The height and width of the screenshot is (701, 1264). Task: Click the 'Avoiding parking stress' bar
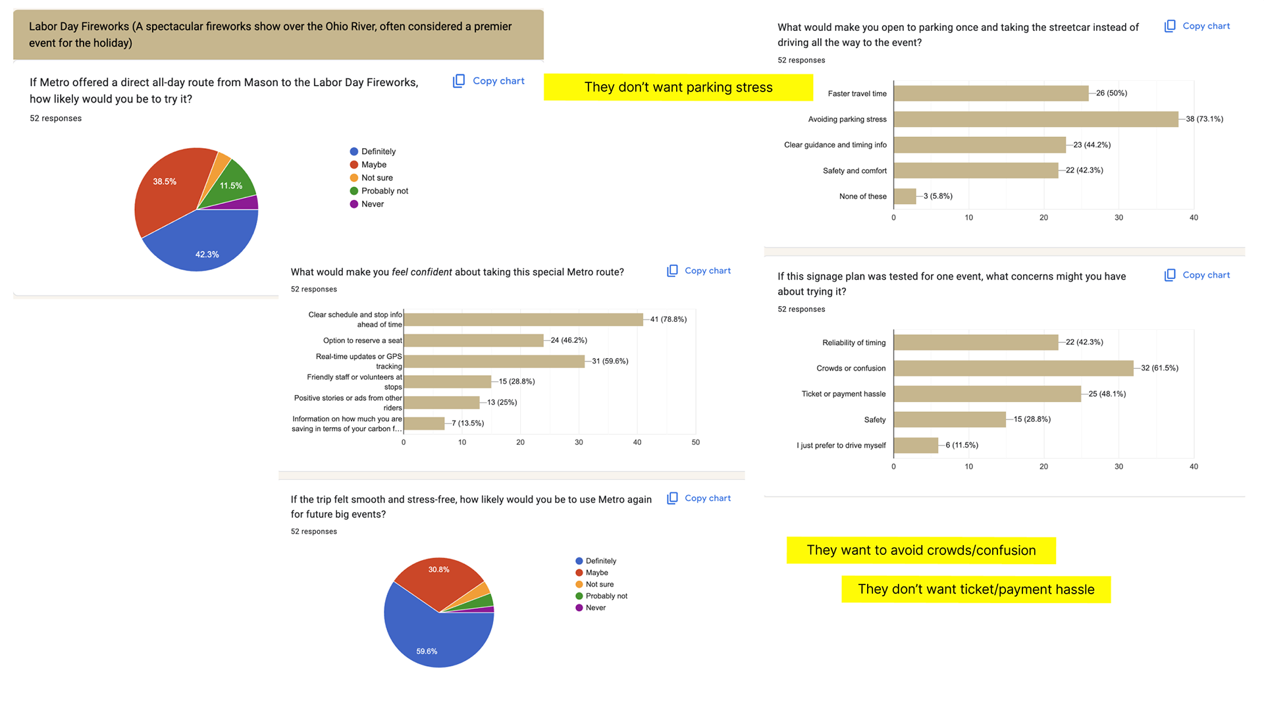coord(1036,119)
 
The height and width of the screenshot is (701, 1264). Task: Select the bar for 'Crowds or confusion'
coord(1013,368)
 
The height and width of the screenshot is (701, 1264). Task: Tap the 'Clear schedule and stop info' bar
coord(523,319)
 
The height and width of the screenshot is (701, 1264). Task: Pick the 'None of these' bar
coord(905,196)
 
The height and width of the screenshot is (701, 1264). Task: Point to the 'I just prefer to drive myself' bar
coord(916,446)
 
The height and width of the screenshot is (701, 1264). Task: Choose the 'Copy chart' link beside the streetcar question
coord(1198,26)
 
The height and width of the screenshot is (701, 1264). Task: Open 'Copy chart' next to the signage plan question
coord(1198,275)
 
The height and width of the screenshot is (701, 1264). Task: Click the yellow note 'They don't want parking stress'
coord(678,88)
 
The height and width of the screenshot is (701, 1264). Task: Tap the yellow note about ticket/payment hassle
coord(976,590)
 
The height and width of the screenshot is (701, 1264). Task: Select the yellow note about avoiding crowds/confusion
coord(921,551)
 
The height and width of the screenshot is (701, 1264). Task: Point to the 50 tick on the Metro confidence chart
coord(695,442)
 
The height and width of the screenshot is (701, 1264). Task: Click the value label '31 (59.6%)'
coord(610,361)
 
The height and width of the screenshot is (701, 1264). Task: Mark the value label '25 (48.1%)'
coord(1107,394)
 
